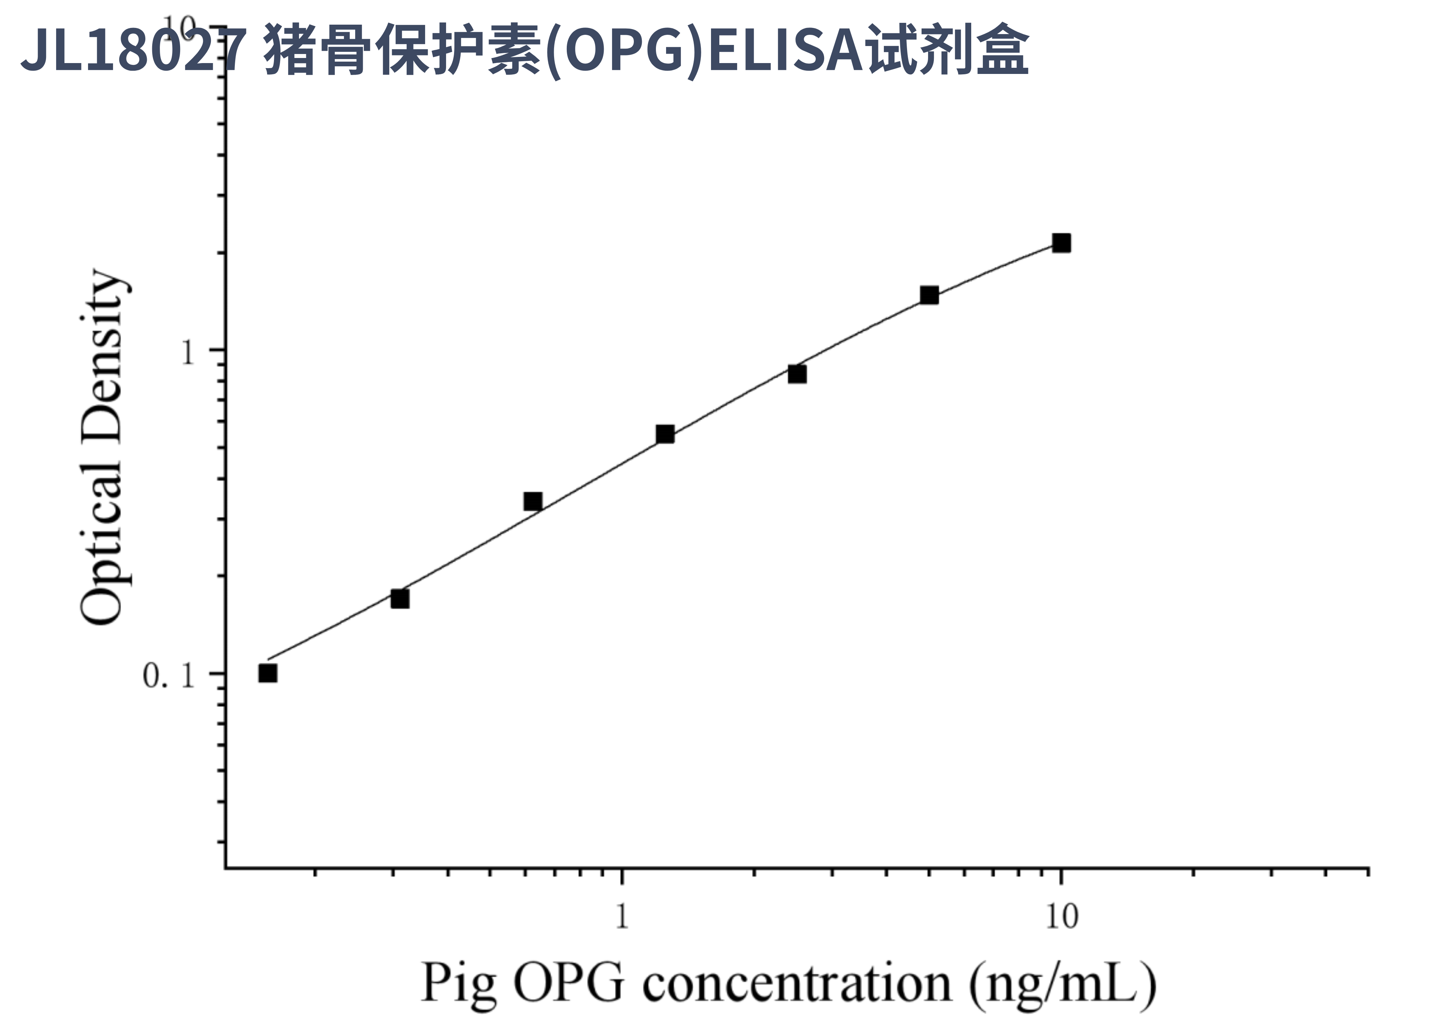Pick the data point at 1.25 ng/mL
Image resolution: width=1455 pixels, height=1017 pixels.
tap(665, 434)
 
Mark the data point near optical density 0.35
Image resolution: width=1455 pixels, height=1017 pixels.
tap(533, 501)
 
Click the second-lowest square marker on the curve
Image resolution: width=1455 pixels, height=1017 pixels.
tap(400, 599)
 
